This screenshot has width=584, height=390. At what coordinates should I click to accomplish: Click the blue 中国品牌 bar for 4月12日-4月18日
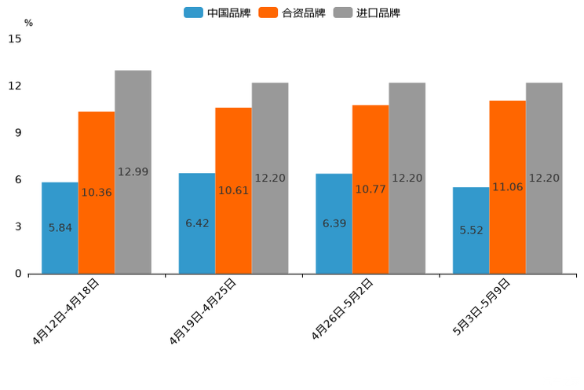pos(60,228)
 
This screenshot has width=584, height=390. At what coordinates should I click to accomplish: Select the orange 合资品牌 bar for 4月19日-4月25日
pos(233,190)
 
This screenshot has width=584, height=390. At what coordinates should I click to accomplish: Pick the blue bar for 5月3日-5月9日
pos(471,230)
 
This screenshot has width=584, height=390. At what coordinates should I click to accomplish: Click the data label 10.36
pos(97,193)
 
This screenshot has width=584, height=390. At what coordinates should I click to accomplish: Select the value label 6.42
pos(197,223)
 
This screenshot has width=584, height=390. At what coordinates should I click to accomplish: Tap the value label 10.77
pos(370,189)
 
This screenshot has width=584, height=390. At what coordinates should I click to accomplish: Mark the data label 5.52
pos(471,230)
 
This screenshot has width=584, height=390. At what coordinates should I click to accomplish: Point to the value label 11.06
pos(507,187)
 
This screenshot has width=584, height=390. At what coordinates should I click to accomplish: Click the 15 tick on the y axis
pos(15,39)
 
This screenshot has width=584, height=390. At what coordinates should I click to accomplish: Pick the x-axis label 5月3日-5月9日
pos(481,307)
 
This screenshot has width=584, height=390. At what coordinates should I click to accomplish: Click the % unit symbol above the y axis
pos(28,23)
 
